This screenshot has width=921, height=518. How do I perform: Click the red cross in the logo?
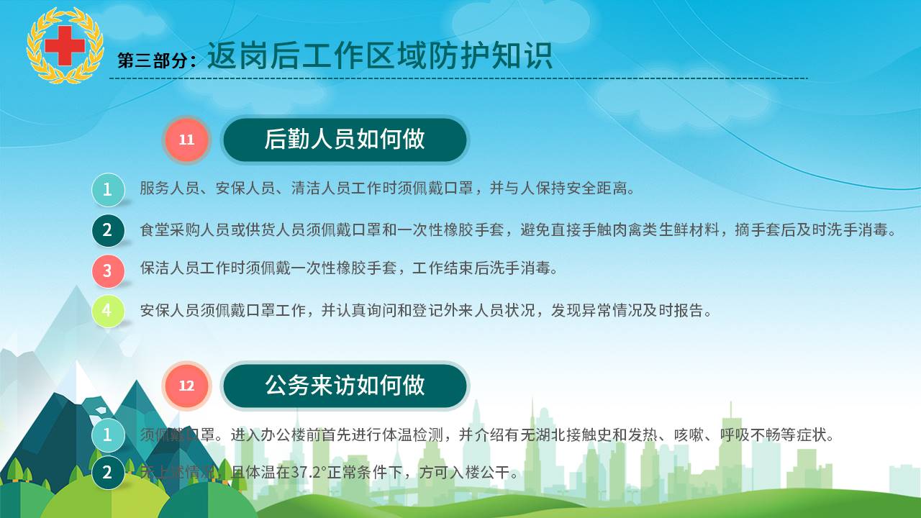tap(65, 45)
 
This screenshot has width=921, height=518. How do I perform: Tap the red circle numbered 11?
tap(186, 140)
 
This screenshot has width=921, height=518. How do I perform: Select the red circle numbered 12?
tap(186, 386)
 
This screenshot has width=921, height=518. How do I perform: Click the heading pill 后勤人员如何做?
tap(345, 140)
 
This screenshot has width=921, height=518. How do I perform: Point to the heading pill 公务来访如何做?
tap(345, 386)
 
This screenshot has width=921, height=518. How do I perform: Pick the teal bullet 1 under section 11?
tap(108, 189)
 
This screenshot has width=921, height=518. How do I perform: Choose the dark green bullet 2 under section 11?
tap(108, 230)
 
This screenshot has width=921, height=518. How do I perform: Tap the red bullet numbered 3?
tap(108, 271)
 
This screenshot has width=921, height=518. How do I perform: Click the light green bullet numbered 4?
tap(108, 311)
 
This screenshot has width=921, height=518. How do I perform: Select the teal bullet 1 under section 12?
tap(108, 435)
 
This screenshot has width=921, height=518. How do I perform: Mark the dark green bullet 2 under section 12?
tap(108, 473)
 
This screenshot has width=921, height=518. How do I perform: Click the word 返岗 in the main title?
tap(238, 55)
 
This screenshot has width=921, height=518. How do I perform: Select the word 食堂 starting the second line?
tap(155, 230)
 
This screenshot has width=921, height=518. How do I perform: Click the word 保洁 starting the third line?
tap(155, 268)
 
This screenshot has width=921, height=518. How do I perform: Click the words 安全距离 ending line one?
tap(596, 188)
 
